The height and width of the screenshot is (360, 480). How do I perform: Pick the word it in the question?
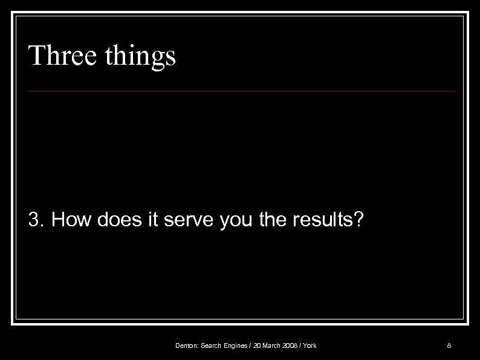154,220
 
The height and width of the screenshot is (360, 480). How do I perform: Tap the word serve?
186,220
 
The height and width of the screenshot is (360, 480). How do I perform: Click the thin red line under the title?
242,91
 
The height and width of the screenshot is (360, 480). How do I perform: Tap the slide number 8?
449,346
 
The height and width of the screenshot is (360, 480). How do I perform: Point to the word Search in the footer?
210,346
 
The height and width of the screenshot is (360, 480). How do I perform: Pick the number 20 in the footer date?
258,346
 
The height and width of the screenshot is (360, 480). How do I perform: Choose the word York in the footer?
310,346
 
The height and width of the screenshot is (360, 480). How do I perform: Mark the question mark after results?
359,220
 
